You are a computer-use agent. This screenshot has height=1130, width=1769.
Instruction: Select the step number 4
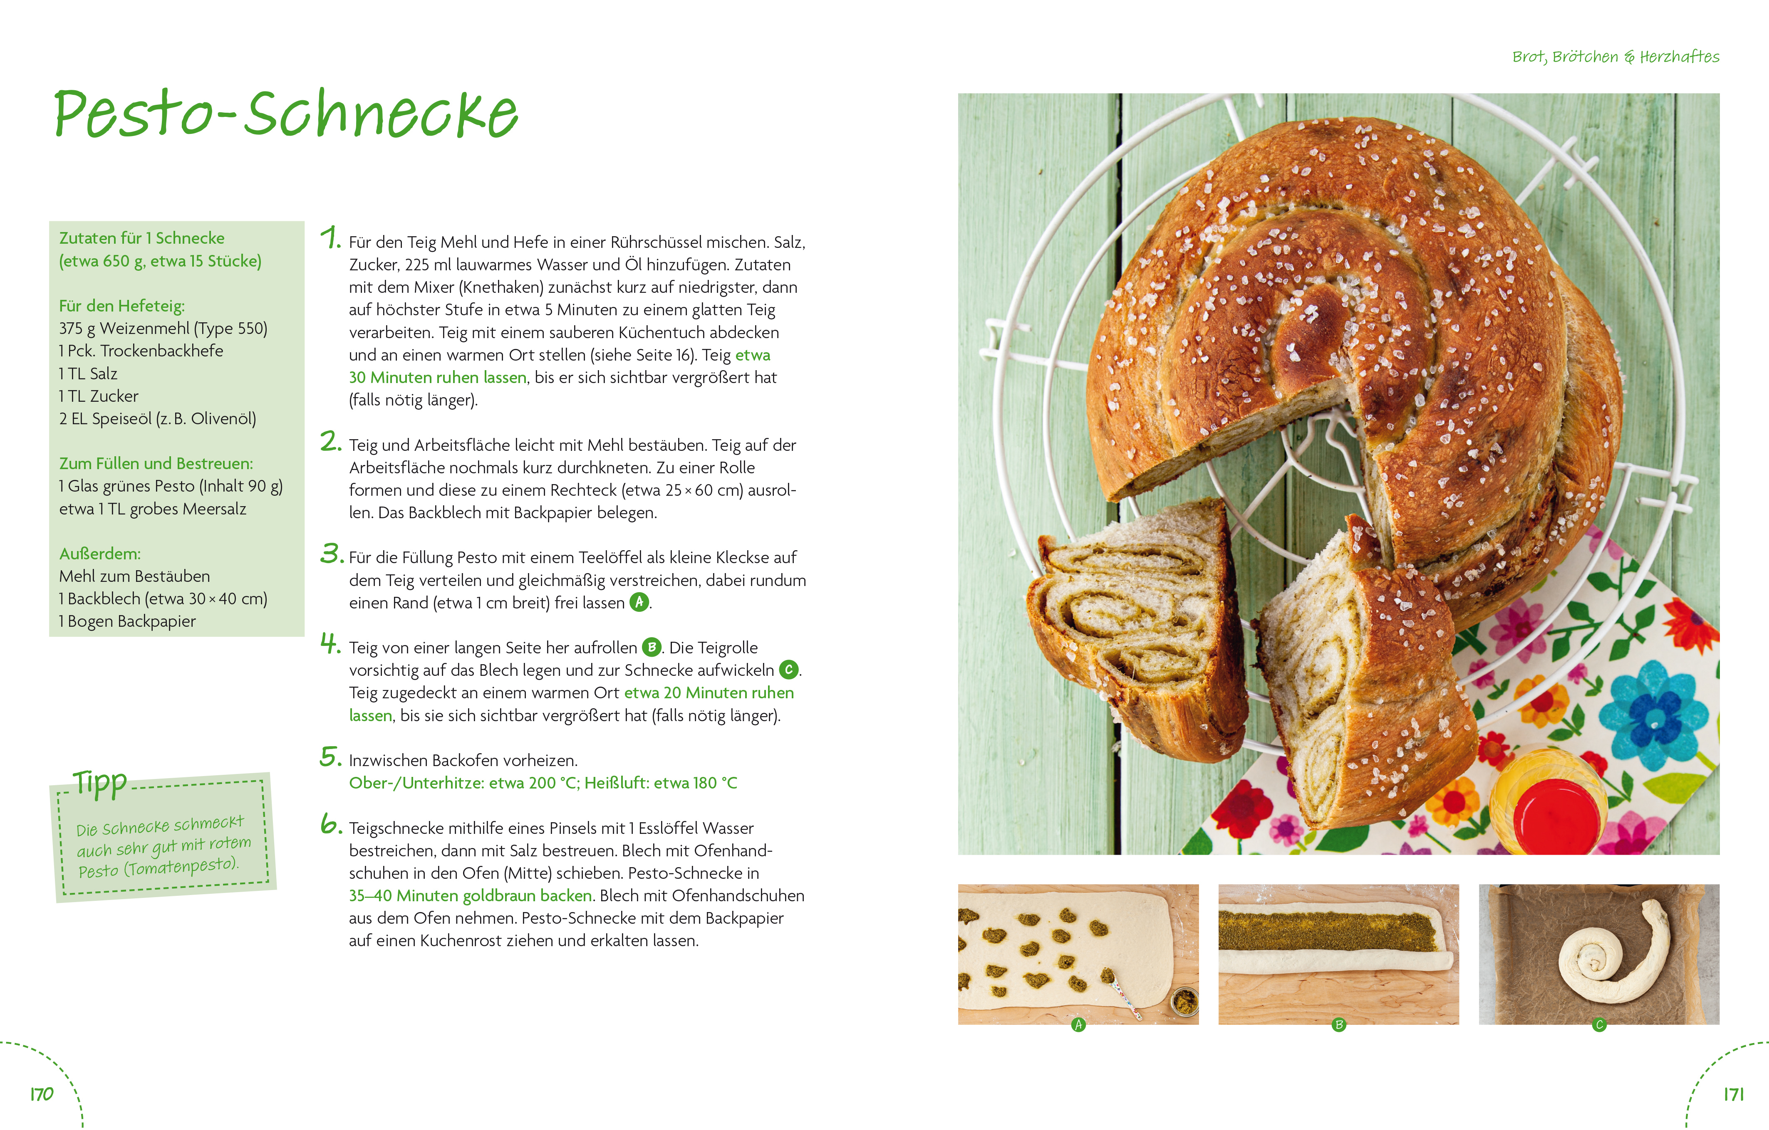pos(331,643)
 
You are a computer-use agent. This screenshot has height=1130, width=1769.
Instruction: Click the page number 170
pos(42,1094)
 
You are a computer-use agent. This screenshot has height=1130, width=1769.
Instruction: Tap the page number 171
pos(1734,1094)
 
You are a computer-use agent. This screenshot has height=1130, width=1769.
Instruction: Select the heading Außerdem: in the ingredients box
pos(100,554)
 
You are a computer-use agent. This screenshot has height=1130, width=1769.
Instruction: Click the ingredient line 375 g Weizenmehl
pos(163,328)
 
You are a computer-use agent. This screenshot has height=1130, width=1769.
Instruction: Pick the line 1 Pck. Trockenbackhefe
pos(141,351)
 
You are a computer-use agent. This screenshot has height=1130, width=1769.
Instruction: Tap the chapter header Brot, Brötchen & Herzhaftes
pos(1615,57)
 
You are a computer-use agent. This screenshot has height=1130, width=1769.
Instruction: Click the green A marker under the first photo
pos(1078,1024)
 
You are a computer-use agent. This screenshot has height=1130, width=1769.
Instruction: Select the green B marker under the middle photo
pos(1339,1024)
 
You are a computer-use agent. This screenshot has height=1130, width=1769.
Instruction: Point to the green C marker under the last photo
pos(1599,1024)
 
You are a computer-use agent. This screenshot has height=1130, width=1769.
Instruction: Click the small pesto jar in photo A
pos(1184,1000)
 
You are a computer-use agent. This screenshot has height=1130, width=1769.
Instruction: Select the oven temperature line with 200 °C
pos(543,783)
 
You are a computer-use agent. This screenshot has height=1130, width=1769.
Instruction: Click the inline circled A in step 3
pos(639,602)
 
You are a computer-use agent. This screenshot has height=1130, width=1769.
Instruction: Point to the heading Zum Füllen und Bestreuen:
pos(156,463)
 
